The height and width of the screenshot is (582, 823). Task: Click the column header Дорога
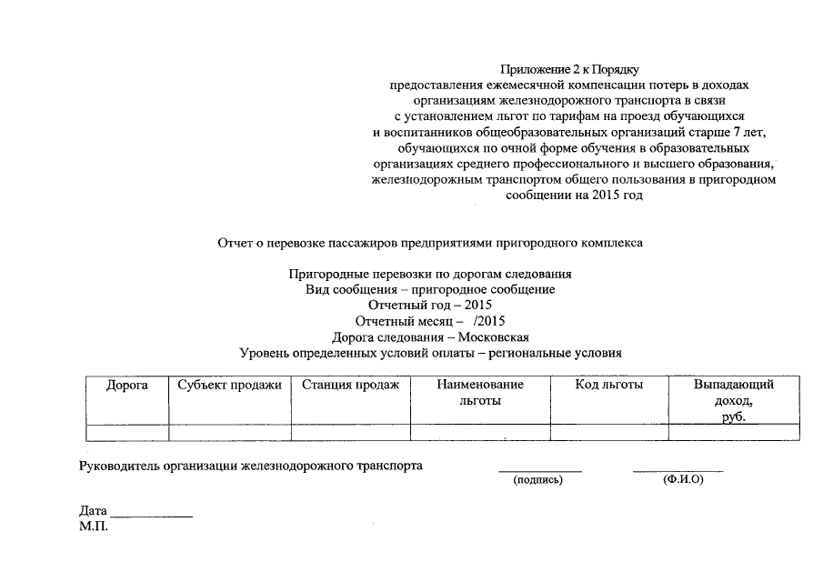click(x=126, y=386)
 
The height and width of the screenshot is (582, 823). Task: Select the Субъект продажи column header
click(x=230, y=386)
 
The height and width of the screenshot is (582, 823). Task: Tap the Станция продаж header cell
click(x=350, y=386)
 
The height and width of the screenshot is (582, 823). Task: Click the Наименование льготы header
click(x=480, y=393)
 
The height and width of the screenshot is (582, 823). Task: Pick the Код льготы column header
click(x=609, y=386)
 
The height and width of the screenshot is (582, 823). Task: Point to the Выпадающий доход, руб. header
click(x=734, y=400)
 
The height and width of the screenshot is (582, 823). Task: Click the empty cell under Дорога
click(x=126, y=432)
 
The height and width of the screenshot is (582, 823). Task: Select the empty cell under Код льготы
click(x=609, y=432)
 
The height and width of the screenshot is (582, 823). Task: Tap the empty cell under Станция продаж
click(x=350, y=432)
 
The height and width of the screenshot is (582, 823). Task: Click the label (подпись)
click(x=538, y=479)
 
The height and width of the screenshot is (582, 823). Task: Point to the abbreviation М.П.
click(x=94, y=527)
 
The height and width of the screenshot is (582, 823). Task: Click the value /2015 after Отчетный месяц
click(x=489, y=321)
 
